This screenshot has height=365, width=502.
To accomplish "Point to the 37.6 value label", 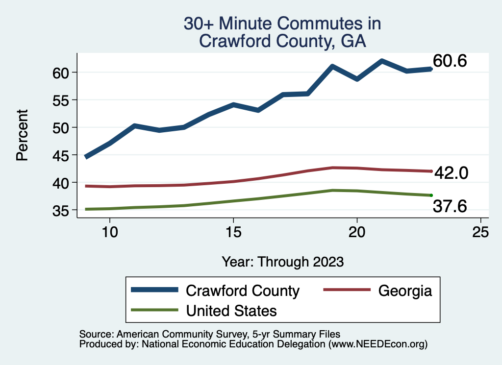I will click(x=450, y=207).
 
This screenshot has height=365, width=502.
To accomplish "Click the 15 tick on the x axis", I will click(x=233, y=232).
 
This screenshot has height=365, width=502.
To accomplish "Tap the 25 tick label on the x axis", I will click(x=480, y=232).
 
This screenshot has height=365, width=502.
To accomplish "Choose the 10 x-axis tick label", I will click(x=110, y=232).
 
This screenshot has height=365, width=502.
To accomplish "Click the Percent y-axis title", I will click(x=22, y=142).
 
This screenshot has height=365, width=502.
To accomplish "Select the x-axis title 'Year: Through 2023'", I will click(x=282, y=261).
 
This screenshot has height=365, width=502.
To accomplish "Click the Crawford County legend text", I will click(x=243, y=291).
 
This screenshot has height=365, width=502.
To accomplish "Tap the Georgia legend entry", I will click(x=405, y=291).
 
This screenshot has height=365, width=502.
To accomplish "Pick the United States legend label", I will click(x=231, y=311).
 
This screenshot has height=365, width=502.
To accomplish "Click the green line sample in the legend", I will click(x=154, y=310).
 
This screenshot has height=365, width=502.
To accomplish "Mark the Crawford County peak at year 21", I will click(x=381, y=61).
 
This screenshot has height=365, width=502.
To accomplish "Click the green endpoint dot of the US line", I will click(x=431, y=195).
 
